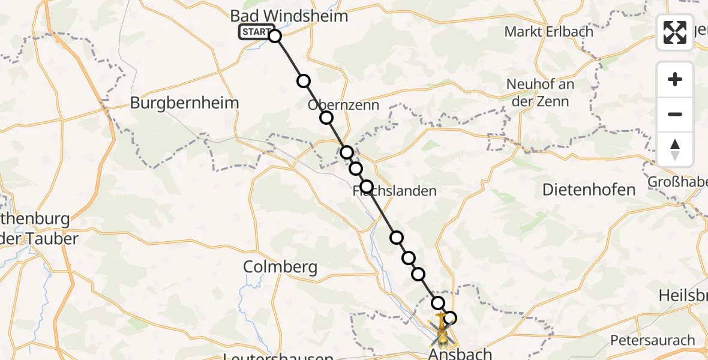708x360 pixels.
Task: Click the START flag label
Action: [x=256, y=32]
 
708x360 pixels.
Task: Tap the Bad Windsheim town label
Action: [x=289, y=16]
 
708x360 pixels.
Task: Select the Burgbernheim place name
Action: [x=184, y=103]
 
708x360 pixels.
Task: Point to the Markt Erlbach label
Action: [x=548, y=32]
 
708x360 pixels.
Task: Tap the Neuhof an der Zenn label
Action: [x=540, y=93]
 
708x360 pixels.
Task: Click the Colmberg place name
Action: [x=280, y=267]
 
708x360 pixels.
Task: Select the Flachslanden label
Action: [x=394, y=191]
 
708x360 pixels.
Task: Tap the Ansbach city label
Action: [x=460, y=354]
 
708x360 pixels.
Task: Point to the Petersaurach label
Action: [x=652, y=340]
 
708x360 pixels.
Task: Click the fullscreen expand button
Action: [x=675, y=32]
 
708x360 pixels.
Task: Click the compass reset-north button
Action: [x=675, y=149]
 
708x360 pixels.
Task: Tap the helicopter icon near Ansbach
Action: [x=442, y=334]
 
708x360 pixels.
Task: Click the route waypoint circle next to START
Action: [x=274, y=36]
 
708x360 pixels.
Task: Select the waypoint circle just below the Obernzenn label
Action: [x=326, y=118]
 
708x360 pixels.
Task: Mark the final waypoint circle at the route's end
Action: [x=449, y=318]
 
